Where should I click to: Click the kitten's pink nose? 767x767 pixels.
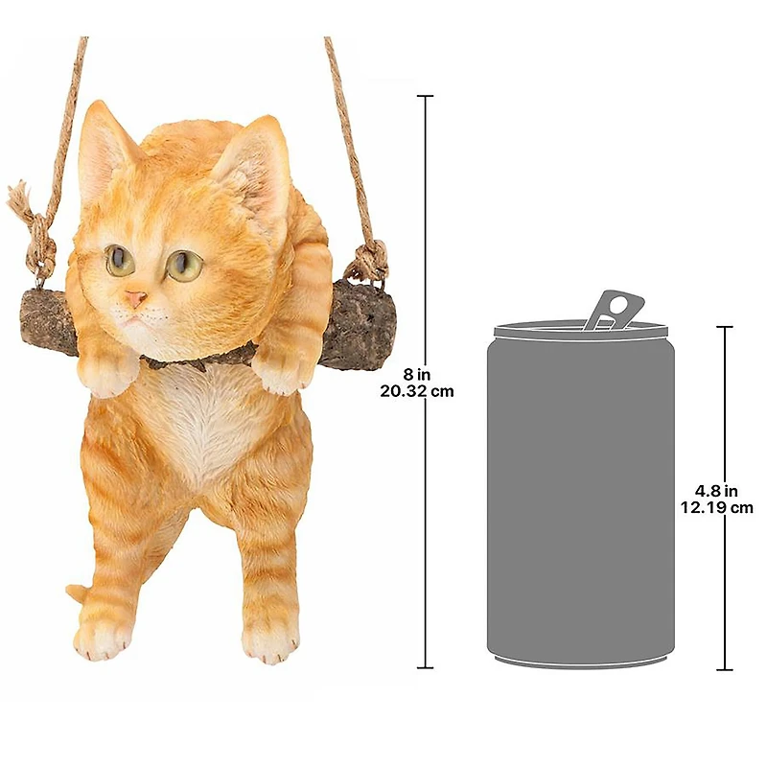click(x=135, y=298)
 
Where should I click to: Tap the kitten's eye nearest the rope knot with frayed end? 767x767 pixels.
click(x=119, y=260)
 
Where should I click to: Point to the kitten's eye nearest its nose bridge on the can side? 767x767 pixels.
click(x=184, y=266)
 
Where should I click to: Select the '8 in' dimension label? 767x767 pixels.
click(x=416, y=375)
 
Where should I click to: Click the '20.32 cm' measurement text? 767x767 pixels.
click(x=417, y=391)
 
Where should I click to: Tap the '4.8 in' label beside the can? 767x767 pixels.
click(x=716, y=491)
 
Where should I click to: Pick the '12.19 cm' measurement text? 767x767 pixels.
click(x=716, y=507)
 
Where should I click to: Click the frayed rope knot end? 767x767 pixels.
click(x=19, y=198)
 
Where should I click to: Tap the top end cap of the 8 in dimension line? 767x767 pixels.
click(x=425, y=97)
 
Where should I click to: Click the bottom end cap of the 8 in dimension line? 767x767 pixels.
click(x=425, y=666)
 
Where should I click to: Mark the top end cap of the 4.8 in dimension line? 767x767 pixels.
click(x=725, y=327)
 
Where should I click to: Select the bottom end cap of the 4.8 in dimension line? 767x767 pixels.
click(x=725, y=668)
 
